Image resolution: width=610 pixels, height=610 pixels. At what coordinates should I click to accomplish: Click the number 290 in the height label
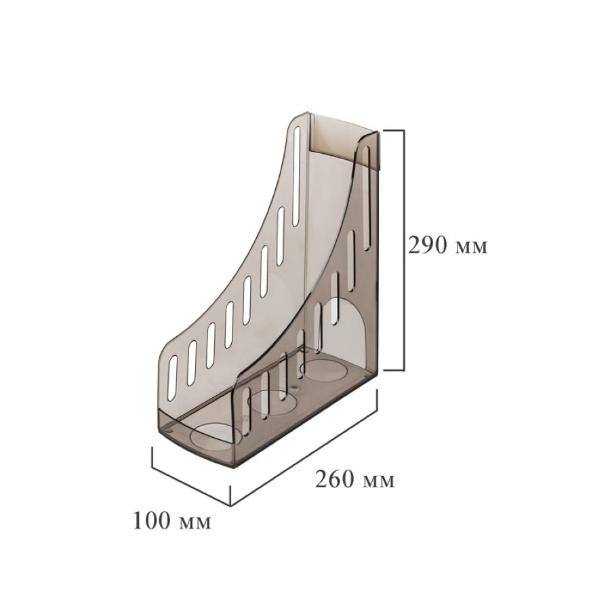pyautogui.click(x=427, y=245)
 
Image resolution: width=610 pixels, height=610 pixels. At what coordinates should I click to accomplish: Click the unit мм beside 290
pyautogui.click(x=471, y=248)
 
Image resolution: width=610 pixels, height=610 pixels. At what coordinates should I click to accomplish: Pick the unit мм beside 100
pyautogui.click(x=195, y=523)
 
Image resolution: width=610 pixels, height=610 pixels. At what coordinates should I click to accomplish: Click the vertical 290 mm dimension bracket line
pyautogui.click(x=403, y=251)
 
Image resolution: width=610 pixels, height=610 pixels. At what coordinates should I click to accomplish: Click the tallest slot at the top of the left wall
pyautogui.click(x=296, y=176)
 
